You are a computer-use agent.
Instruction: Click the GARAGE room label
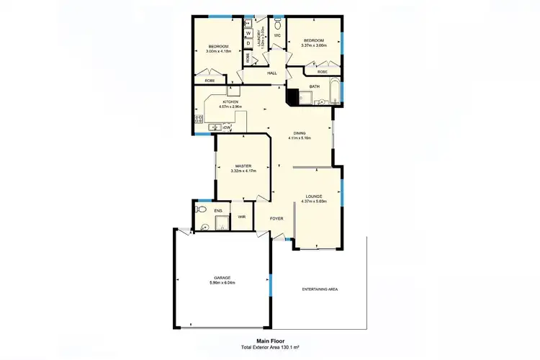(x=221, y=277)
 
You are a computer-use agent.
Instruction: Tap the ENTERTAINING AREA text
(x=319, y=289)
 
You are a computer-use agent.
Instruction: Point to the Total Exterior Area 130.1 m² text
(x=270, y=348)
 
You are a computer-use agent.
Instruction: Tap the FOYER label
(x=276, y=217)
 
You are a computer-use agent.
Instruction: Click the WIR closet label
(x=241, y=216)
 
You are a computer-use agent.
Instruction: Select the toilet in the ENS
(x=202, y=210)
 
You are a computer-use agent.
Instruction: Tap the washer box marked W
(x=248, y=33)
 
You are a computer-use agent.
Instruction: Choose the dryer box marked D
(x=248, y=43)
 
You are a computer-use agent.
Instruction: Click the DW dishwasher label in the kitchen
(x=226, y=127)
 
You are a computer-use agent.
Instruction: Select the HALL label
(x=272, y=73)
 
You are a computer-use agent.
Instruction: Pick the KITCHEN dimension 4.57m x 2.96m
(x=230, y=107)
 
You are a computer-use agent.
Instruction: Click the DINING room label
(x=299, y=132)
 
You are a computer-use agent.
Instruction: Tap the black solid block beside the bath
(x=292, y=95)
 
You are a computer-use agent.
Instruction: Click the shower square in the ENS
(x=205, y=225)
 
